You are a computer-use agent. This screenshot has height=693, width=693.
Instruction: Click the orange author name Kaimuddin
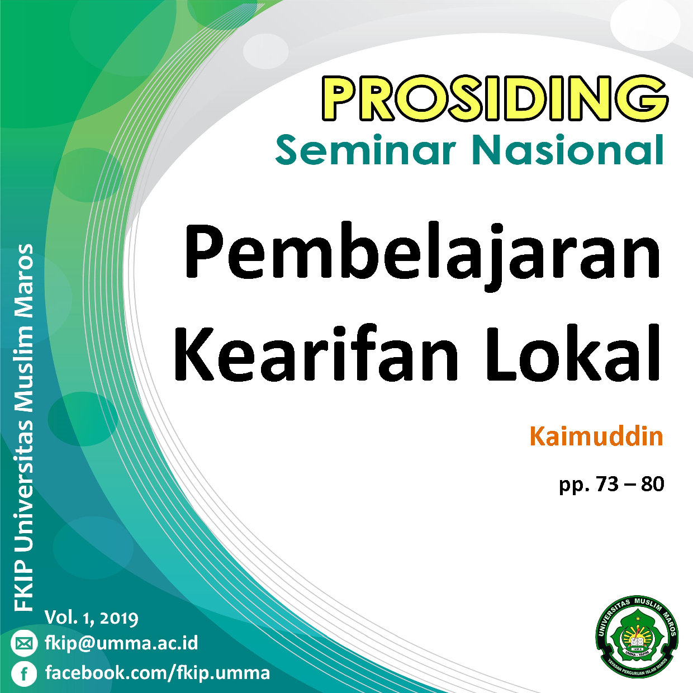[596, 436]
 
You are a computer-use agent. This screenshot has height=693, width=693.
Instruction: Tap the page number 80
[652, 484]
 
